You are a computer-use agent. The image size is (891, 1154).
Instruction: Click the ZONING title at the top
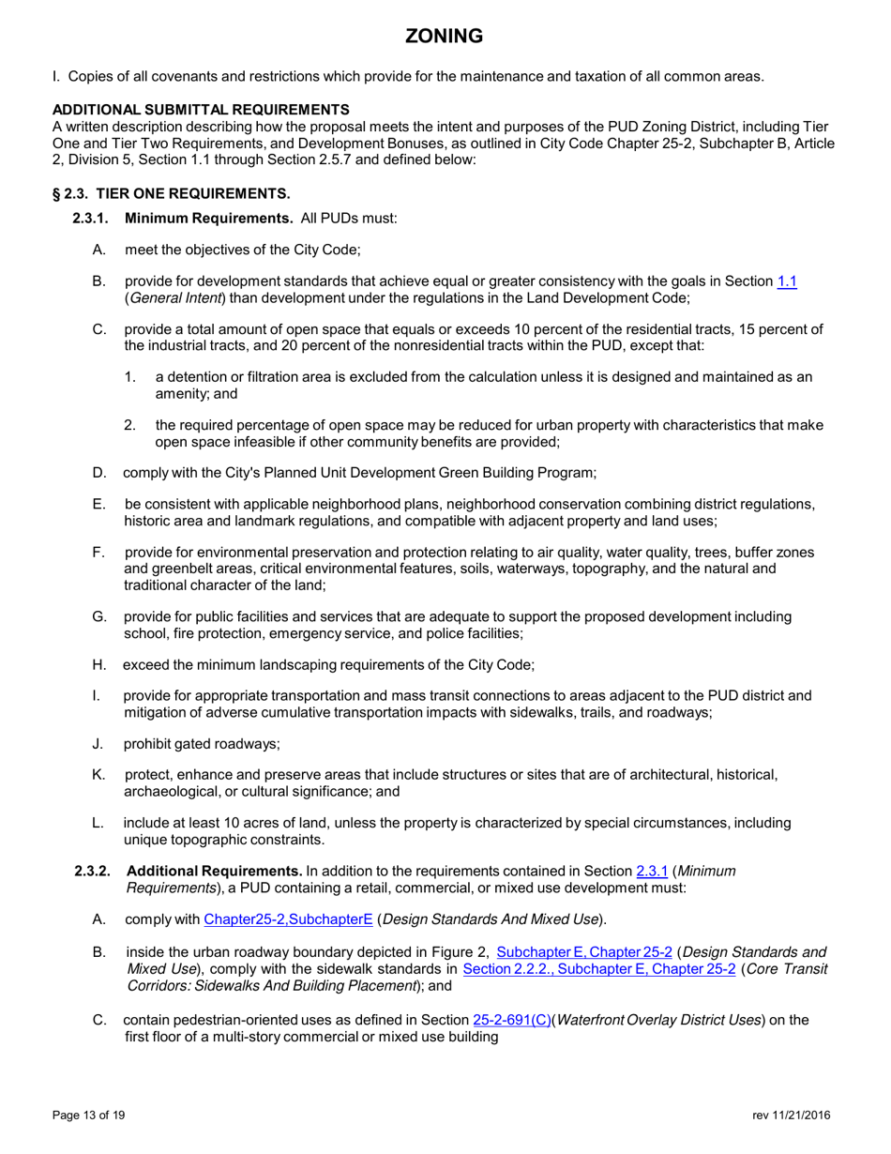[445, 37]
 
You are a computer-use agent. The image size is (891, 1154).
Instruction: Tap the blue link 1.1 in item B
[787, 281]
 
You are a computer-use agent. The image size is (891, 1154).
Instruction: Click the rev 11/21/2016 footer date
[791, 1115]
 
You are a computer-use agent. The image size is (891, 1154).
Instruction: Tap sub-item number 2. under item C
[129, 425]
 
